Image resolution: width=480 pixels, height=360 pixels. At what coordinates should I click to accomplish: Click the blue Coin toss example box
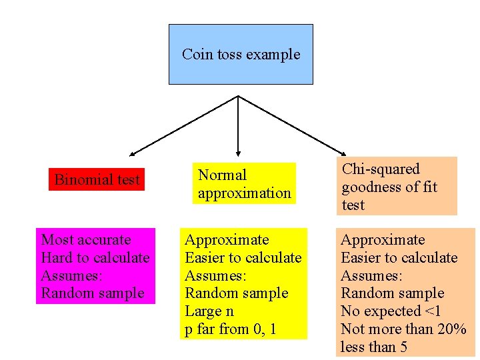click(x=241, y=54)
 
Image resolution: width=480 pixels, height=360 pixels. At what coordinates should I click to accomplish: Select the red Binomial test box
click(x=97, y=180)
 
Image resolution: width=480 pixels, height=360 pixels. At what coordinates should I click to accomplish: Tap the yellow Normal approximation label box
click(x=244, y=184)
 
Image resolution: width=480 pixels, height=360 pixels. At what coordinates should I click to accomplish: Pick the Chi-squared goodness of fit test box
click(x=397, y=187)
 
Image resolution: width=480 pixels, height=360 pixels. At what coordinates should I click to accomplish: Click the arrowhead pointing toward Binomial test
click(x=134, y=154)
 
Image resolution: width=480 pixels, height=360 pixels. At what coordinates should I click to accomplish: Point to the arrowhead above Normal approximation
click(x=238, y=154)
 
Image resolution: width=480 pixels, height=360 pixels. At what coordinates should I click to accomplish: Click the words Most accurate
click(x=86, y=240)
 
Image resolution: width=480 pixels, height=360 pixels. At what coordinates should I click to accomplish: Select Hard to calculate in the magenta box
click(x=95, y=258)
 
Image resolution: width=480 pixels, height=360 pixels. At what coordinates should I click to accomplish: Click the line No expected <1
click(x=390, y=311)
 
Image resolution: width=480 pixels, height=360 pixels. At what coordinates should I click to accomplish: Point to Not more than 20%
click(x=403, y=329)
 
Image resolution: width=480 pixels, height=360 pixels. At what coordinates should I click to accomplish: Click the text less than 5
click(x=374, y=347)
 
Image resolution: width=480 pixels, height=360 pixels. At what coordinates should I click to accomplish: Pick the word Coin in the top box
click(x=194, y=55)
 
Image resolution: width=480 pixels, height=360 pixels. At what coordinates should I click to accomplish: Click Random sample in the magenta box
click(x=93, y=293)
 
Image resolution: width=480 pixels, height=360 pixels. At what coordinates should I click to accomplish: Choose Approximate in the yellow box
click(x=227, y=240)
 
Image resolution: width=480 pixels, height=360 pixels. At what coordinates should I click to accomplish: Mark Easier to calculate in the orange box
click(x=399, y=258)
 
